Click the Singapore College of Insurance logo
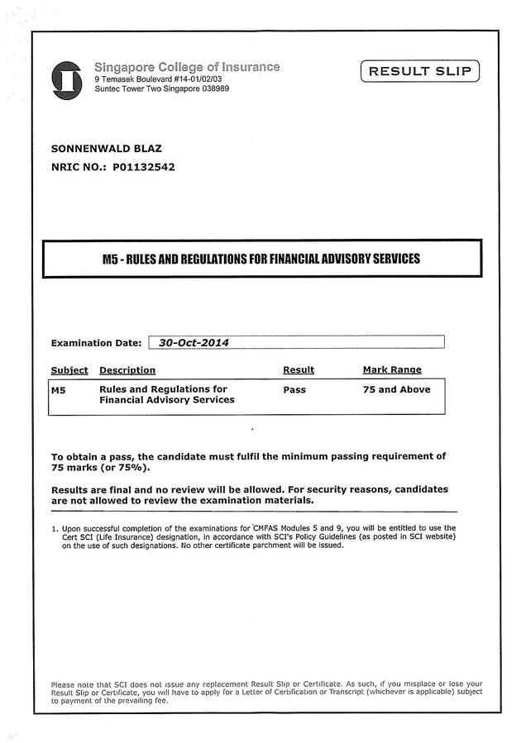coord(66,79)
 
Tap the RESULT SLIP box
coord(419,72)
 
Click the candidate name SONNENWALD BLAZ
coord(107,149)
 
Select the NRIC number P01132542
coord(138,166)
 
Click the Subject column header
coord(69,369)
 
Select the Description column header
coord(127,369)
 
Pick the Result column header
coord(299,369)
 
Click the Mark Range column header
coord(392,369)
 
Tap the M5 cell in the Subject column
coord(58,389)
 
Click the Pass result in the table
coord(294,389)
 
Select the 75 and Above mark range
coord(396,389)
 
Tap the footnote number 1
coord(54,528)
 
